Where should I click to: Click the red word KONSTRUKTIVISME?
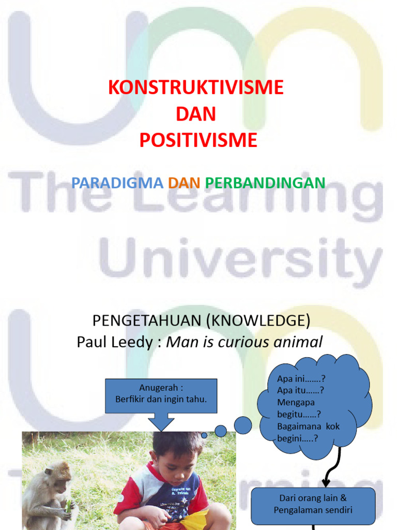point(196,87)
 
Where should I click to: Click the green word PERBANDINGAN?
point(265,182)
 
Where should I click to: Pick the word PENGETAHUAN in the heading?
point(147,321)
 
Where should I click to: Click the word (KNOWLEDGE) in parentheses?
point(258,321)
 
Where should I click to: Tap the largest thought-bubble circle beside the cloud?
point(242,425)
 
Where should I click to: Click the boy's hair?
point(177,444)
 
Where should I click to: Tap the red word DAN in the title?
point(196,114)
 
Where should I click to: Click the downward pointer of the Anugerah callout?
point(161,422)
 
